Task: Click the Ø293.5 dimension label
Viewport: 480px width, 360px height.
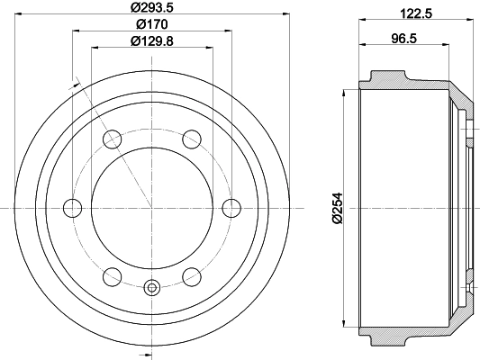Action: tap(152, 7)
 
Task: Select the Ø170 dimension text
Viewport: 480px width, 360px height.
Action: tap(152, 24)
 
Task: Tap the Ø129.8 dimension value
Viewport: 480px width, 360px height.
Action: tap(152, 41)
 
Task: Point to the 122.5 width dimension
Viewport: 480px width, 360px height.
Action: tap(416, 13)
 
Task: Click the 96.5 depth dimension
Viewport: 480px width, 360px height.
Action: tap(404, 39)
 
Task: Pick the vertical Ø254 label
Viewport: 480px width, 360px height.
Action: tap(338, 208)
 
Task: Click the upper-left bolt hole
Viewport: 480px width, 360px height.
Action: tap(113, 139)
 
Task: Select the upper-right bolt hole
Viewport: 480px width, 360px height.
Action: tap(192, 139)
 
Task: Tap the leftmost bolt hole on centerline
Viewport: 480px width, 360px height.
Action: tap(73, 208)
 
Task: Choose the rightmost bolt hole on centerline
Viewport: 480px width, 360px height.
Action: tap(231, 208)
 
